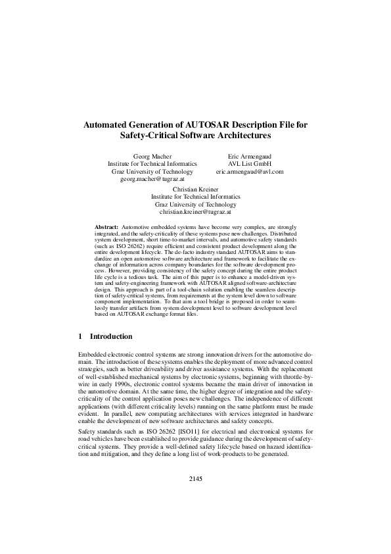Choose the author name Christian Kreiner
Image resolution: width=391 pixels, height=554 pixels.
(x=195, y=188)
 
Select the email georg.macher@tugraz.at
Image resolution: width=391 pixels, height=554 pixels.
(x=152, y=179)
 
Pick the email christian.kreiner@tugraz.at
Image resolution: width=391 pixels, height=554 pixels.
(x=195, y=212)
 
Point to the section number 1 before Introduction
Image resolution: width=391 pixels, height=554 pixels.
(x=80, y=336)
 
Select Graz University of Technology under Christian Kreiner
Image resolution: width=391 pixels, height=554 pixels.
(x=195, y=204)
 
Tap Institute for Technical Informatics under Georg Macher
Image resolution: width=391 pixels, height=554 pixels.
(x=152, y=163)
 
